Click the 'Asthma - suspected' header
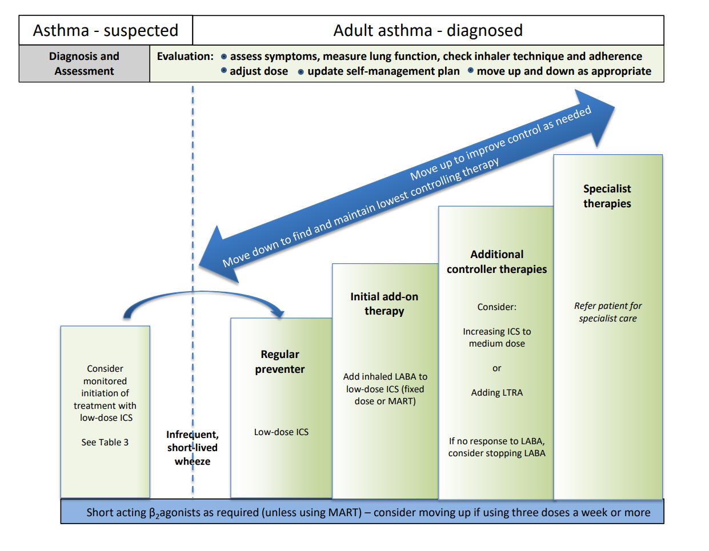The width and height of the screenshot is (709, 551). [106, 30]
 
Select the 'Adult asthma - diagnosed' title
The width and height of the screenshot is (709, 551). [428, 30]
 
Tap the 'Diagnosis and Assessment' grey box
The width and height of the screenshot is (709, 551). [84, 63]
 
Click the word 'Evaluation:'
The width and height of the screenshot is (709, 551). [185, 57]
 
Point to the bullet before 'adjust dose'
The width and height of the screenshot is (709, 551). [224, 71]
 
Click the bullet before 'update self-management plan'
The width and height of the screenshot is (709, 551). [301, 72]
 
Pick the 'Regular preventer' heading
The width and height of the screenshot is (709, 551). [280, 361]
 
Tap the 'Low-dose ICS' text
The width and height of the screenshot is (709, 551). [281, 432]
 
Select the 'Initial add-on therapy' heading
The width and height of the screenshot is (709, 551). [384, 304]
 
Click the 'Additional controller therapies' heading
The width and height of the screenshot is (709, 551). [496, 262]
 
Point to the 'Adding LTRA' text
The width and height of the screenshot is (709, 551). [496, 393]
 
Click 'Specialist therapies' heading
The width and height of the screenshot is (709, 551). [607, 196]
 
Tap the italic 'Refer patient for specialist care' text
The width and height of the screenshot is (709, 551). [608, 312]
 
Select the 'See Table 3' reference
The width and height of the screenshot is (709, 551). [105, 443]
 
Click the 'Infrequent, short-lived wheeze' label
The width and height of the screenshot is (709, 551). [193, 448]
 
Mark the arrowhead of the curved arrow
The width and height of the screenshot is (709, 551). [279, 313]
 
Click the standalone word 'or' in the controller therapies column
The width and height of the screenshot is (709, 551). [496, 368]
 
